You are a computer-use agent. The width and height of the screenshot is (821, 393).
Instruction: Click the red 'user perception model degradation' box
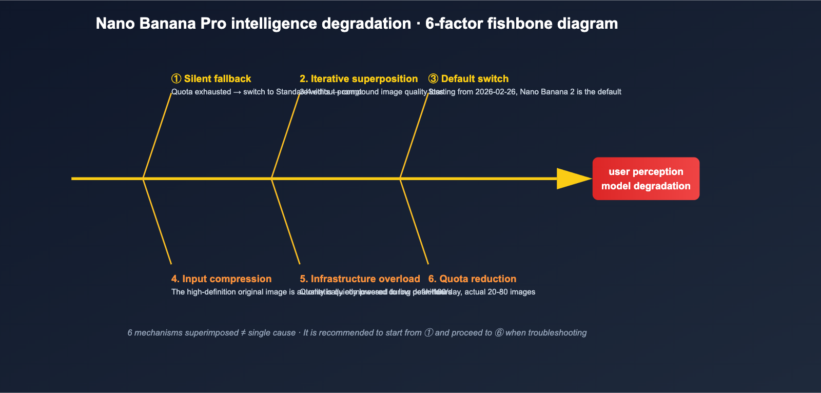[646, 179]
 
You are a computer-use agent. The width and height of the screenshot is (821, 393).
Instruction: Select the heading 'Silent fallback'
[217, 78]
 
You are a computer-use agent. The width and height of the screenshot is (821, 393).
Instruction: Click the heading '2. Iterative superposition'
[359, 78]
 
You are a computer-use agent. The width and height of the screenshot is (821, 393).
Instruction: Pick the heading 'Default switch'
[475, 78]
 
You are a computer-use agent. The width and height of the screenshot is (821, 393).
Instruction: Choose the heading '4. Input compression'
[221, 279]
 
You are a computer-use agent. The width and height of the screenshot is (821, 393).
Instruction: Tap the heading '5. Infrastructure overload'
[360, 279]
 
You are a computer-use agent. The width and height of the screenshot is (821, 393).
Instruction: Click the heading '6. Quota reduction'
[472, 279]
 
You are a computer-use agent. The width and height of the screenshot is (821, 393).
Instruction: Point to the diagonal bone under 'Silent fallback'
[157, 136]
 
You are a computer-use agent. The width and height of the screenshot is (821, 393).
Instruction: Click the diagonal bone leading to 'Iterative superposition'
[286, 136]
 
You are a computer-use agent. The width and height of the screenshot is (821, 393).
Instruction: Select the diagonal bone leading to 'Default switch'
[414, 136]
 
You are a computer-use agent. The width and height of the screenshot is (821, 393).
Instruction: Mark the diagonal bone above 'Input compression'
[157, 221]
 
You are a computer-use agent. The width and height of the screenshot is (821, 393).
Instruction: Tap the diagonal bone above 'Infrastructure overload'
[286, 221]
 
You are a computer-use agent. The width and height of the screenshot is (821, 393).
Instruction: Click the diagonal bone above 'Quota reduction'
[414, 221]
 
